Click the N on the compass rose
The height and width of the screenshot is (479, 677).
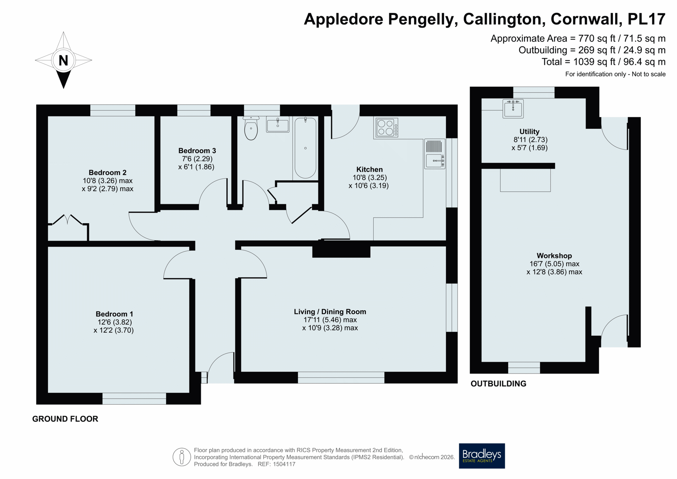(63, 61)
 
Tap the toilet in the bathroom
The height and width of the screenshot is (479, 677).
(251, 128)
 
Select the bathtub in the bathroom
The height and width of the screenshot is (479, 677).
(305, 148)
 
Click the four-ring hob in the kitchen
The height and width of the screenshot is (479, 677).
(386, 128)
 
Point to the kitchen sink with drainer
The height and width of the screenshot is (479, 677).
(435, 154)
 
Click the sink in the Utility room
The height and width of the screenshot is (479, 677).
(513, 108)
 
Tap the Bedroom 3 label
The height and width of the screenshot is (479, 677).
(197, 151)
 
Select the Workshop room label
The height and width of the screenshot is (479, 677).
(554, 256)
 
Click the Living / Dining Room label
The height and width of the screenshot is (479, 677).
(330, 312)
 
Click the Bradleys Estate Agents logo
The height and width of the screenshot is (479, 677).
(482, 456)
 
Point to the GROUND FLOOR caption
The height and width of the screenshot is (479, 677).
(65, 419)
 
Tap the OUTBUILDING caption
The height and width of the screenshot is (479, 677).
(498, 384)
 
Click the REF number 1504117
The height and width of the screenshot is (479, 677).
(284, 464)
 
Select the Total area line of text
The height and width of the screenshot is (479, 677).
(603, 62)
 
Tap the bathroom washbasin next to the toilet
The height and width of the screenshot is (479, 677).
(278, 125)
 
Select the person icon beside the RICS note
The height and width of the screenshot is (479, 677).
(182, 457)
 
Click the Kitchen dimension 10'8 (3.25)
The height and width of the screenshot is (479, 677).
(370, 178)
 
